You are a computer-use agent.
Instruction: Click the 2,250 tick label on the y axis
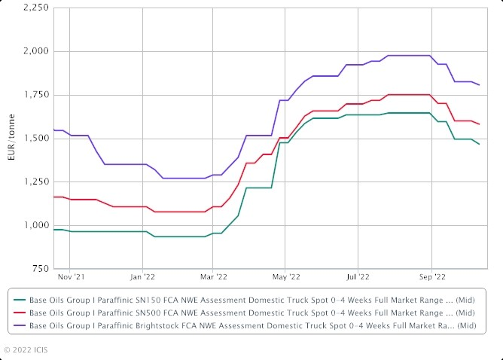point(35,8)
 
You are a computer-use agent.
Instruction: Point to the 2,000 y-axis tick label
point(35,51)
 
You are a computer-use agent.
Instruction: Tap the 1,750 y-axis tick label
point(35,95)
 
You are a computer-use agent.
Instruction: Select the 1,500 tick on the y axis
point(35,139)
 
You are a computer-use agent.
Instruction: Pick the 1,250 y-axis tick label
point(35,182)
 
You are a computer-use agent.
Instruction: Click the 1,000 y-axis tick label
point(35,225)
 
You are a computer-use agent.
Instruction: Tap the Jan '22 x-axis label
point(142,277)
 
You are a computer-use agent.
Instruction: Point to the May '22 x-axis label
point(286,277)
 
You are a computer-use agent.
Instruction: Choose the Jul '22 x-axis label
point(358,277)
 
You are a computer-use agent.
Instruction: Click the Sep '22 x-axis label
point(431,277)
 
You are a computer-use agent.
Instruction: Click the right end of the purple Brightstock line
point(480,84)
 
